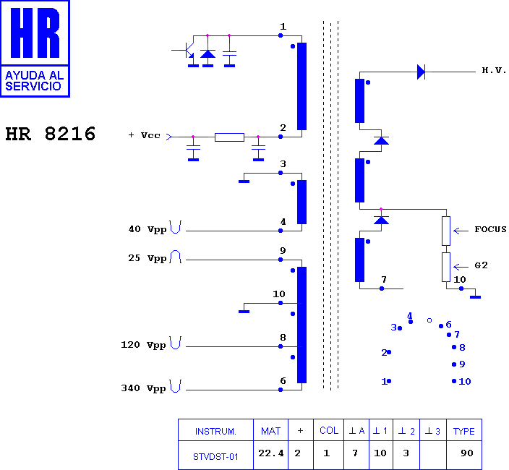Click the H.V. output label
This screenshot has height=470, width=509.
[494, 70]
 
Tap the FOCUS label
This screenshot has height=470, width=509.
[490, 229]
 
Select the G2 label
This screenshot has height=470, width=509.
[481, 265]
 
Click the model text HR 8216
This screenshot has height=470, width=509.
[51, 134]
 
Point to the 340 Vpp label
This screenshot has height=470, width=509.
[143, 388]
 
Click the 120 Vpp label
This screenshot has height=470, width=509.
[143, 345]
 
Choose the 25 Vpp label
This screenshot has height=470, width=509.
[147, 258]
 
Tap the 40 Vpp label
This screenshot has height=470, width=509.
[147, 229]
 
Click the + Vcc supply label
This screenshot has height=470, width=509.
[145, 135]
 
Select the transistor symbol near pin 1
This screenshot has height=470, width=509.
[187, 51]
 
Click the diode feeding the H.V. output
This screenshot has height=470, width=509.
[421, 72]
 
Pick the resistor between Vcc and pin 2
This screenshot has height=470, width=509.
[229, 137]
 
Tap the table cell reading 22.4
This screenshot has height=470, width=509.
[270, 453]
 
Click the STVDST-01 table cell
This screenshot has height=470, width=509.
[215, 457]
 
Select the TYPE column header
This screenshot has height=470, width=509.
[464, 432]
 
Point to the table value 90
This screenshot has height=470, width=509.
[467, 453]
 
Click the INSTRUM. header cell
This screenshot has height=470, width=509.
[215, 432]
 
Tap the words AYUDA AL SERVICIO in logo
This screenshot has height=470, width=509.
[35, 81]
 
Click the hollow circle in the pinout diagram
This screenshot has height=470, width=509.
[429, 320]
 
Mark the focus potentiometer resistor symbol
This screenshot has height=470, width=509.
[446, 231]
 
